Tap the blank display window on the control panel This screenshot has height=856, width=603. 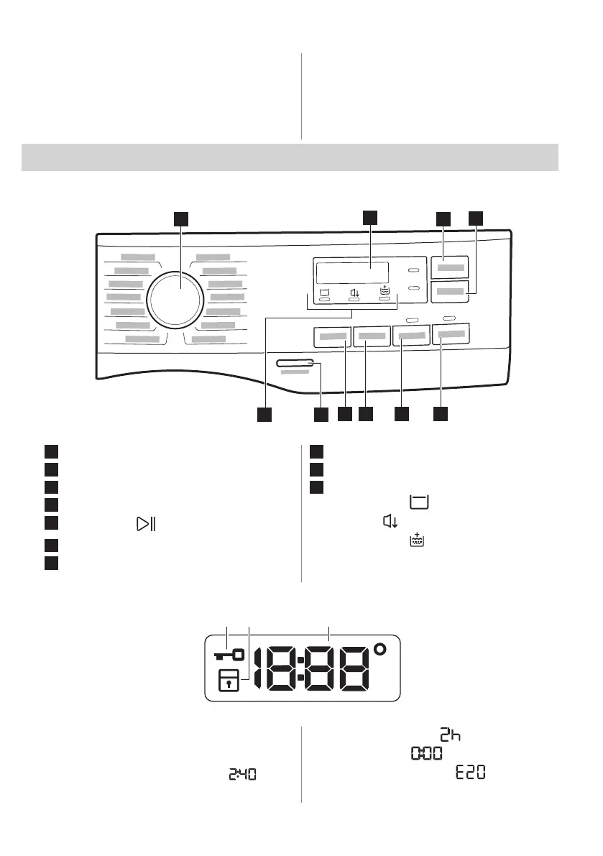pos(352,273)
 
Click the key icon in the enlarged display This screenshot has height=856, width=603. pos(229,655)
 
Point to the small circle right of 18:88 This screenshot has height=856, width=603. pos(379,650)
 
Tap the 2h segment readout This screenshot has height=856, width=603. pos(451,735)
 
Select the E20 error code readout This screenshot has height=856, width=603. pos(470,773)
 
